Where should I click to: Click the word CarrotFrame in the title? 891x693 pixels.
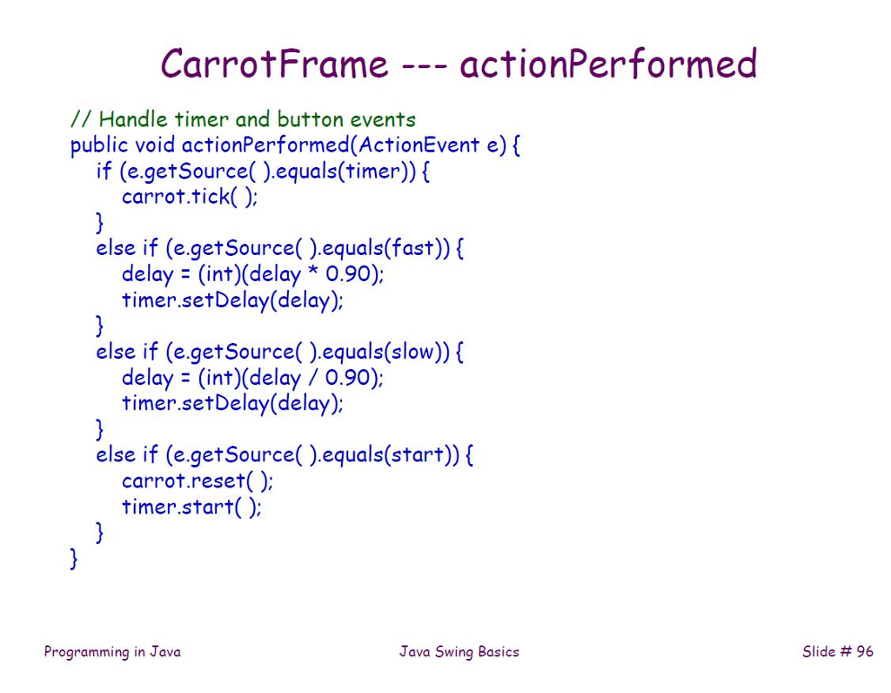[274, 63]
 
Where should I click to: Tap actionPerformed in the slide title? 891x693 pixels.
[608, 63]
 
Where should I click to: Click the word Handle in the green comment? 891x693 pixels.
[133, 119]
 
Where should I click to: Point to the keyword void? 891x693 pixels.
[155, 145]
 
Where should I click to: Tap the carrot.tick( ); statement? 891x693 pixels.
[190, 197]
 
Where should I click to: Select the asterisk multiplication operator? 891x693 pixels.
[312, 271]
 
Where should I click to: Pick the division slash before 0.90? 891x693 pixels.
[312, 378]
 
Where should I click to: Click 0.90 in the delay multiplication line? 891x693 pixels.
[348, 274]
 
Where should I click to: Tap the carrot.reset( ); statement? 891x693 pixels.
[198, 481]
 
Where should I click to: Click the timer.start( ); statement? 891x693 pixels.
[191, 507]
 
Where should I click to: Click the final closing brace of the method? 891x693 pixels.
[73, 559]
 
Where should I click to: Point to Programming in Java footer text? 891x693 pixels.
[112, 652]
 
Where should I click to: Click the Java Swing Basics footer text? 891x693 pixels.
[459, 652]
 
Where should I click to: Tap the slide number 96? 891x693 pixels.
[865, 651]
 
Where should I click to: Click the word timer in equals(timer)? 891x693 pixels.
[373, 172]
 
